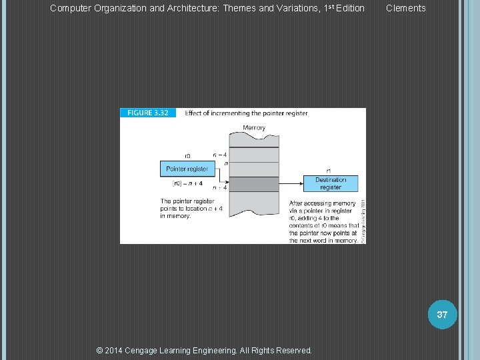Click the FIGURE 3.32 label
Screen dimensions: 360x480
pyautogui.click(x=147, y=113)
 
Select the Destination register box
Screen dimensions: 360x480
pyautogui.click(x=331, y=183)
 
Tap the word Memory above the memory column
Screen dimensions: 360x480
pyautogui.click(x=254, y=127)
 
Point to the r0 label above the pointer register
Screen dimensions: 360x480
pyautogui.click(x=187, y=156)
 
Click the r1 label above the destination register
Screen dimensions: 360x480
pyautogui.click(x=329, y=170)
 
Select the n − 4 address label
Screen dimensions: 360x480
pyautogui.click(x=220, y=155)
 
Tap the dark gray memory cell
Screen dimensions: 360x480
pyautogui.click(x=254, y=184)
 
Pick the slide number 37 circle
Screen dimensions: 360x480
pyautogui.click(x=442, y=315)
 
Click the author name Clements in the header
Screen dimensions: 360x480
pyautogui.click(x=405, y=8)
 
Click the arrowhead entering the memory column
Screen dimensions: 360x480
pyautogui.click(x=227, y=181)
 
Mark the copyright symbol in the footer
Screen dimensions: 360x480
pyautogui.click(x=100, y=350)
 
